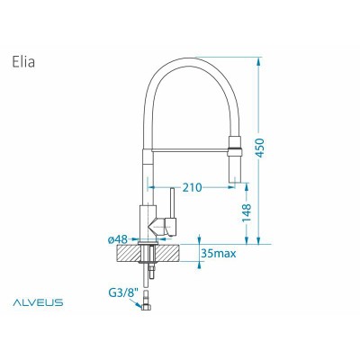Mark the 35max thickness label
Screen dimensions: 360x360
(220, 255)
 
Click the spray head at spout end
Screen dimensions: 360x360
(238, 157)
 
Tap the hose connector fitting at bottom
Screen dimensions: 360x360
(145, 309)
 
